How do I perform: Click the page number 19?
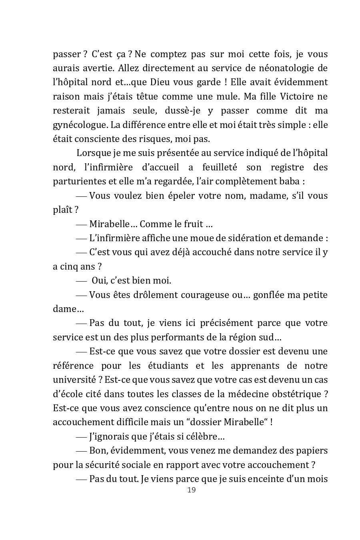[x=191, y=490]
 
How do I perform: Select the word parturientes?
[x=78, y=181]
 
